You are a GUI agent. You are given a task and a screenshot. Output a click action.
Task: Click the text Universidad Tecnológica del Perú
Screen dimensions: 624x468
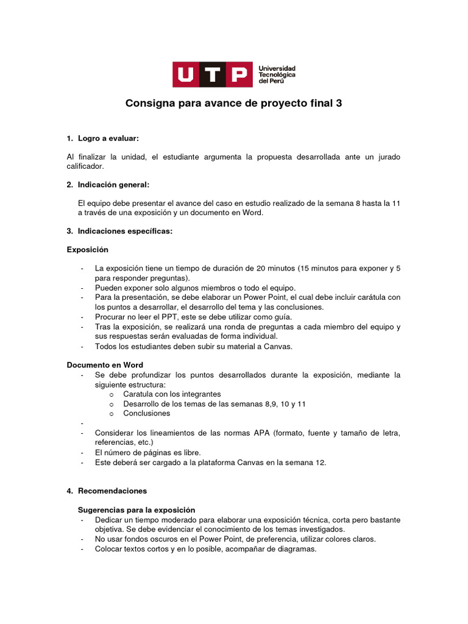[x=277, y=74]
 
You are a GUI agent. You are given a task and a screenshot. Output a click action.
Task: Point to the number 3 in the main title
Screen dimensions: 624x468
[x=339, y=104]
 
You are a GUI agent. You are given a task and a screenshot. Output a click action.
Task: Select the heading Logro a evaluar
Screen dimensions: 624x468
[x=112, y=139]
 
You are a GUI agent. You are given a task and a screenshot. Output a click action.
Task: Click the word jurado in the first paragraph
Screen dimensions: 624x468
[x=388, y=157]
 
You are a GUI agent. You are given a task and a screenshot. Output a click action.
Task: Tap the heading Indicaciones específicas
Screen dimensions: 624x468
[x=125, y=231]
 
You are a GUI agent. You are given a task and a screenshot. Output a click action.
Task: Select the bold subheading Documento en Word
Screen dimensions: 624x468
[x=105, y=364]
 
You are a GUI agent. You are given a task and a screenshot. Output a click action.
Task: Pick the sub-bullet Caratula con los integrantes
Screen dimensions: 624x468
[x=172, y=394]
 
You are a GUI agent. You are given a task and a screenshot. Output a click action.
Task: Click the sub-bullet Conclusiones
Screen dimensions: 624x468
[x=146, y=413]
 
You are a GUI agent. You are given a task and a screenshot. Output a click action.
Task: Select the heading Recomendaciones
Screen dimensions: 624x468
[x=112, y=491]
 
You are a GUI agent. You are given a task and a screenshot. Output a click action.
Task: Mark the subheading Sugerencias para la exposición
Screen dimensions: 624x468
[x=136, y=509]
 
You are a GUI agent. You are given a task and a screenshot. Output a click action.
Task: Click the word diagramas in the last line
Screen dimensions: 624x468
[x=297, y=549]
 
